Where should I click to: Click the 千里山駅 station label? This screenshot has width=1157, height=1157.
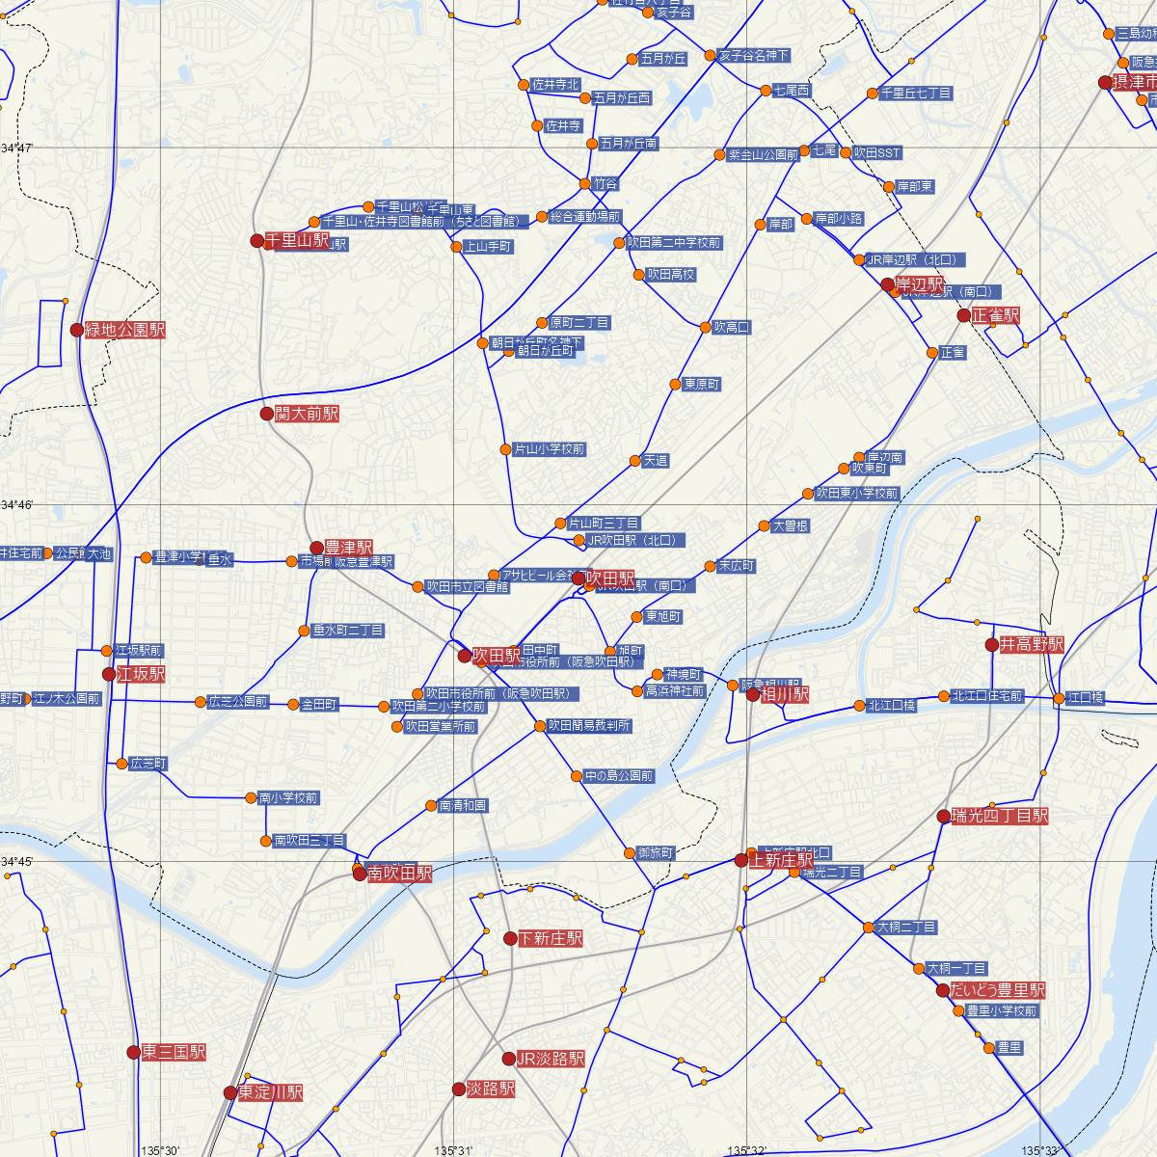pos(298,240)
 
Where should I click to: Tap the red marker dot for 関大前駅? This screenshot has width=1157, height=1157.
pos(267,414)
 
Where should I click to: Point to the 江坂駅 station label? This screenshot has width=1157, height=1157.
pos(140,674)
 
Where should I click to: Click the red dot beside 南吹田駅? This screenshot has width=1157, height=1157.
pos(359,874)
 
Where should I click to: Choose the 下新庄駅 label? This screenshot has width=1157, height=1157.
pos(551,938)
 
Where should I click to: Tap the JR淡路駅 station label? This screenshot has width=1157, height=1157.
pos(551,1059)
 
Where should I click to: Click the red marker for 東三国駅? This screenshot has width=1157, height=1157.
pos(134,1052)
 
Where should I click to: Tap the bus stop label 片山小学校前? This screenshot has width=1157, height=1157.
pos(550,449)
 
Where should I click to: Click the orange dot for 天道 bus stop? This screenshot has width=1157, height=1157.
pos(635,461)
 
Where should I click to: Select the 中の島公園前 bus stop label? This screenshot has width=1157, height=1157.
pos(619,775)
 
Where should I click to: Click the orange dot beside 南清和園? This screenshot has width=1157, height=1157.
pos(431,805)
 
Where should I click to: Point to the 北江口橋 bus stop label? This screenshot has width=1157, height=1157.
pos(891,706)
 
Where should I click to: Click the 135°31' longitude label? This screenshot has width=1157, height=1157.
pos(454,1149)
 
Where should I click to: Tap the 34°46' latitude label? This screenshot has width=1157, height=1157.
pos(17,505)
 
